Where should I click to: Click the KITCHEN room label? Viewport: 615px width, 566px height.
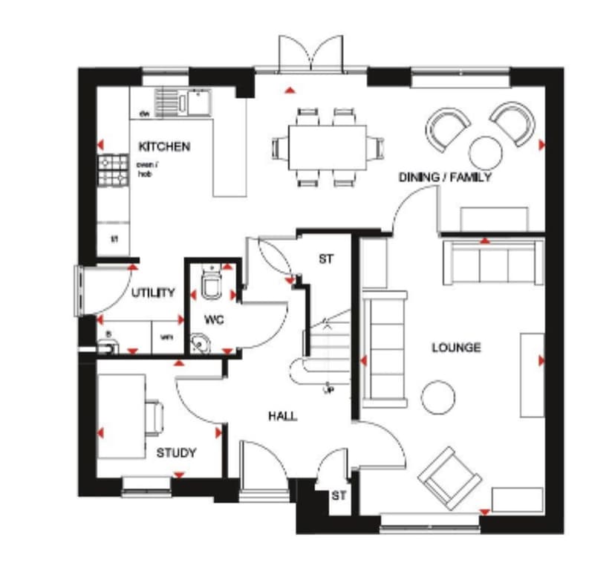[163, 146]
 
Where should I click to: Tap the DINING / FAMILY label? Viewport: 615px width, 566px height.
[444, 178]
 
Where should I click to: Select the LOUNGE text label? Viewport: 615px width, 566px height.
[457, 347]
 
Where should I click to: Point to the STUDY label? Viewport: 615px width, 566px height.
[176, 452]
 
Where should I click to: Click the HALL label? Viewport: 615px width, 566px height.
[282, 416]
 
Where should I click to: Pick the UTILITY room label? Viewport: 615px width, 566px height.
[153, 293]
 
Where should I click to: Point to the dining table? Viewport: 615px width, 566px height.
[328, 146]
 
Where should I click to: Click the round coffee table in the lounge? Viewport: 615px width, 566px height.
[437, 397]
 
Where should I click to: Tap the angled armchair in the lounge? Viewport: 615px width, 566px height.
[449, 477]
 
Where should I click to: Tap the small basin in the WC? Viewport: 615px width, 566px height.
[200, 343]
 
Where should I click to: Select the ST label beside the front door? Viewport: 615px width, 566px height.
[338, 495]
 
